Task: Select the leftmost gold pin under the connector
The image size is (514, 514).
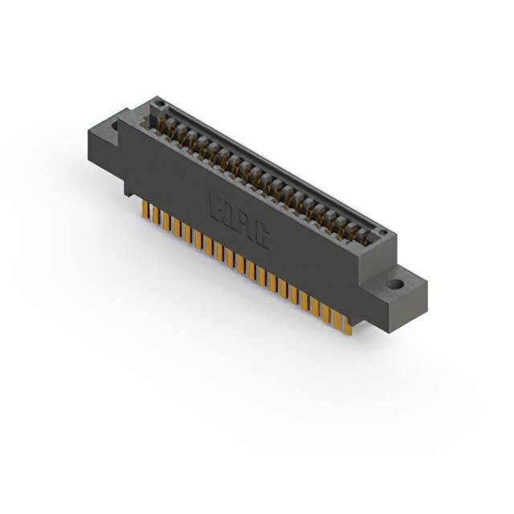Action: pos(145,210)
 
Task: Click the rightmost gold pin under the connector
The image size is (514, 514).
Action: pos(348,323)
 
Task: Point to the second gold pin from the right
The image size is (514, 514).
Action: pos(337,317)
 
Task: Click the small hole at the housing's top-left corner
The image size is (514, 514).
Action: pos(160,104)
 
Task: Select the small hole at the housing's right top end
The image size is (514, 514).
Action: pos(383,234)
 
